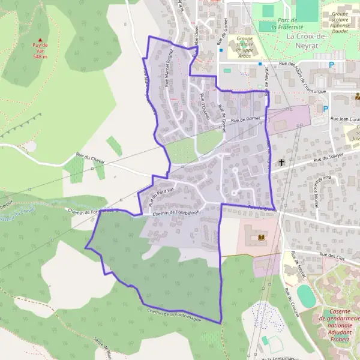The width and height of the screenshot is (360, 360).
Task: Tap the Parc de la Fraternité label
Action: pos(277,23)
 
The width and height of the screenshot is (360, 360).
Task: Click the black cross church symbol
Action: pos(281,162)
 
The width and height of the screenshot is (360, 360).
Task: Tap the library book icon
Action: pos(260,238)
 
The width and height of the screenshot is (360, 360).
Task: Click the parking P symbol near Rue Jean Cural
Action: pos(326,109)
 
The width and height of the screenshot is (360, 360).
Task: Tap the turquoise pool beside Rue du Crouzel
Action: pos(305,295)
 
